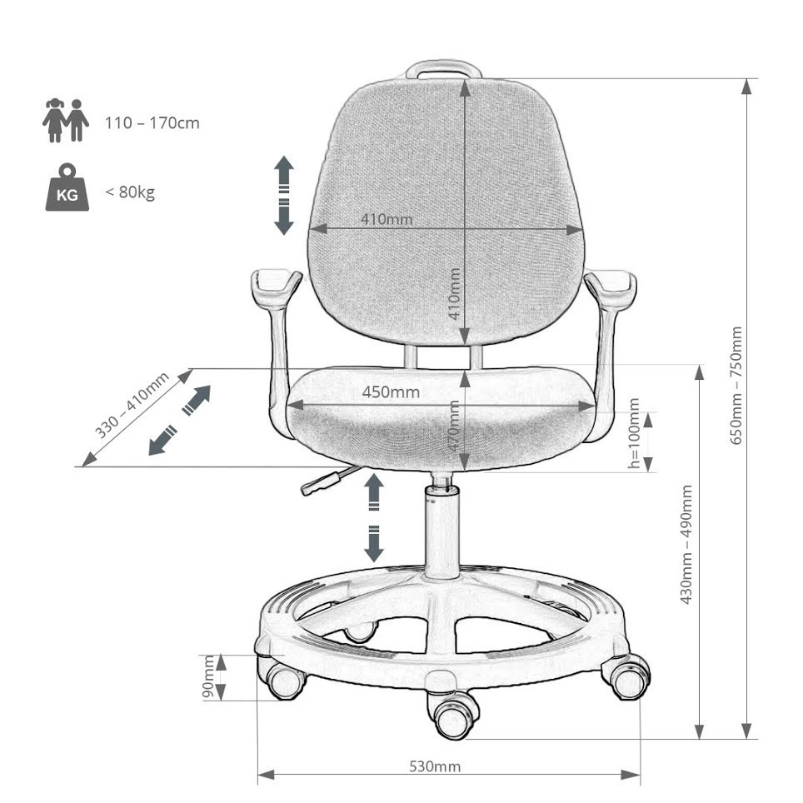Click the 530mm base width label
pyautogui.click(x=435, y=766)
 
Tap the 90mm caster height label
pyautogui.click(x=209, y=676)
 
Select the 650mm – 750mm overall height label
pyautogui.click(x=736, y=386)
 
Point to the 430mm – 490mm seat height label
pyautogui.click(x=686, y=545)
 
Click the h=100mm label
pyautogui.click(x=634, y=433)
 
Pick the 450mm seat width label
pyautogui.click(x=391, y=392)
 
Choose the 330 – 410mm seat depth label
pyautogui.click(x=132, y=405)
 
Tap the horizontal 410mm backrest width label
pyautogui.click(x=387, y=219)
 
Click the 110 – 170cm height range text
pyautogui.click(x=152, y=123)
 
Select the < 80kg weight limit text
pyautogui.click(x=130, y=192)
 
